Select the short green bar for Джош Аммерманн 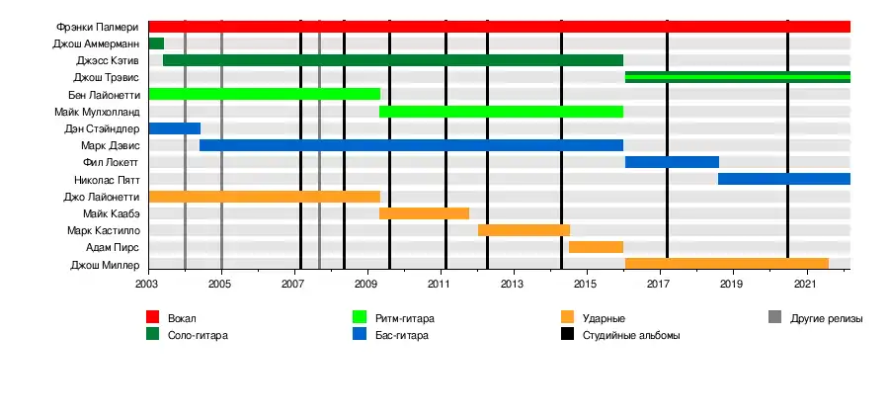pos(156,43)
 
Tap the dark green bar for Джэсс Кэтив pos(393,60)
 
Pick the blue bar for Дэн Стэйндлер pos(175,128)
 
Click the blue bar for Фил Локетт pos(672,162)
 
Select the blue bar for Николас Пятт pos(784,179)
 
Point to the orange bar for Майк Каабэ pos(424,213)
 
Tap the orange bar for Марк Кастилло pos(524,230)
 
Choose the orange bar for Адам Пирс pos(596,247)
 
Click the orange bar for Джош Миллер pos(727,264)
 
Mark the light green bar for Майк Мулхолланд pos(501,111)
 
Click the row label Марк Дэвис pos(111,146)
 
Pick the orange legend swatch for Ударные pos(567,317)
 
